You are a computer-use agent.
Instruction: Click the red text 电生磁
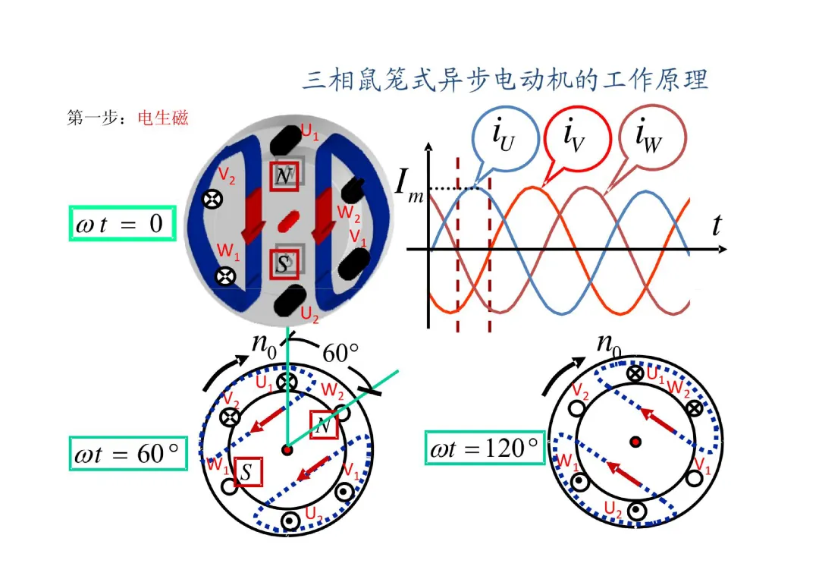point(163,118)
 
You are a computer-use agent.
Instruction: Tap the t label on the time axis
point(716,225)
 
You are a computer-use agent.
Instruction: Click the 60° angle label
point(340,354)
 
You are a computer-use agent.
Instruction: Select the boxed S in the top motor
point(284,264)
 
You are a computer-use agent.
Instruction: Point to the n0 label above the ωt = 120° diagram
point(609,345)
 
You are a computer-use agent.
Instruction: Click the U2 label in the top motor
point(309,312)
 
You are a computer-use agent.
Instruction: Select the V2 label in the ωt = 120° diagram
point(580,391)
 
